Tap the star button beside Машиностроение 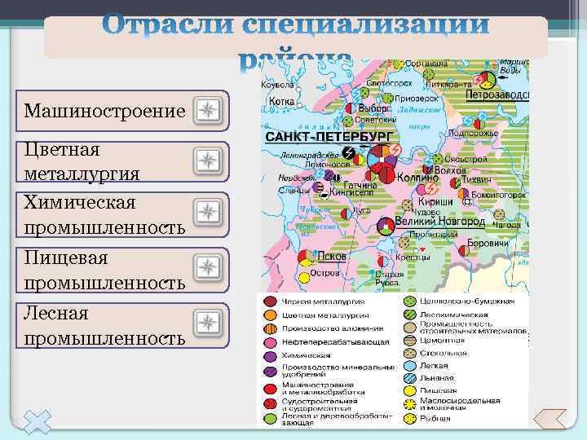(209, 112)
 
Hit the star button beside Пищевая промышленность (209, 266)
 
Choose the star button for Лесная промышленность (209, 322)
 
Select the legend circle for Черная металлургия (270, 302)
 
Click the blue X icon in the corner (36, 421)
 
